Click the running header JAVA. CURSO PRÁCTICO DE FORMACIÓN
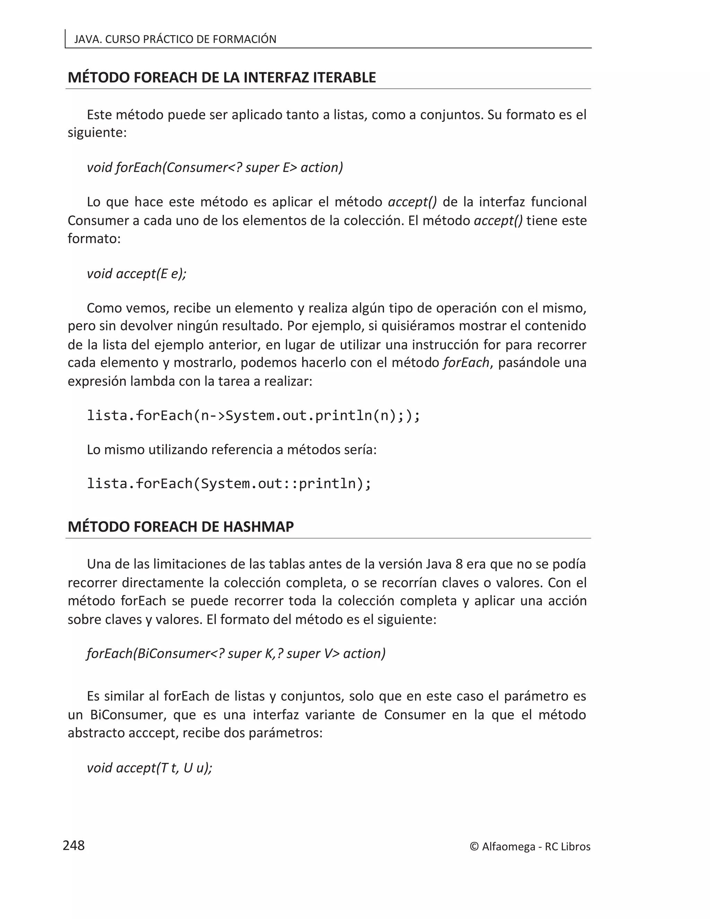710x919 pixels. [x=175, y=39]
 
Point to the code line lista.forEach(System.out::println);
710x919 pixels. [x=229, y=483]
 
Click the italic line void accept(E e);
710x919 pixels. [x=136, y=274]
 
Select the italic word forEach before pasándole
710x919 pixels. [x=466, y=362]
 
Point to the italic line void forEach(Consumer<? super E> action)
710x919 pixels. [x=215, y=168]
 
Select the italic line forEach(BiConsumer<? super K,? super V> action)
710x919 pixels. [x=235, y=653]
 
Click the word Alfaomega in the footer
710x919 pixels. [x=508, y=847]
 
